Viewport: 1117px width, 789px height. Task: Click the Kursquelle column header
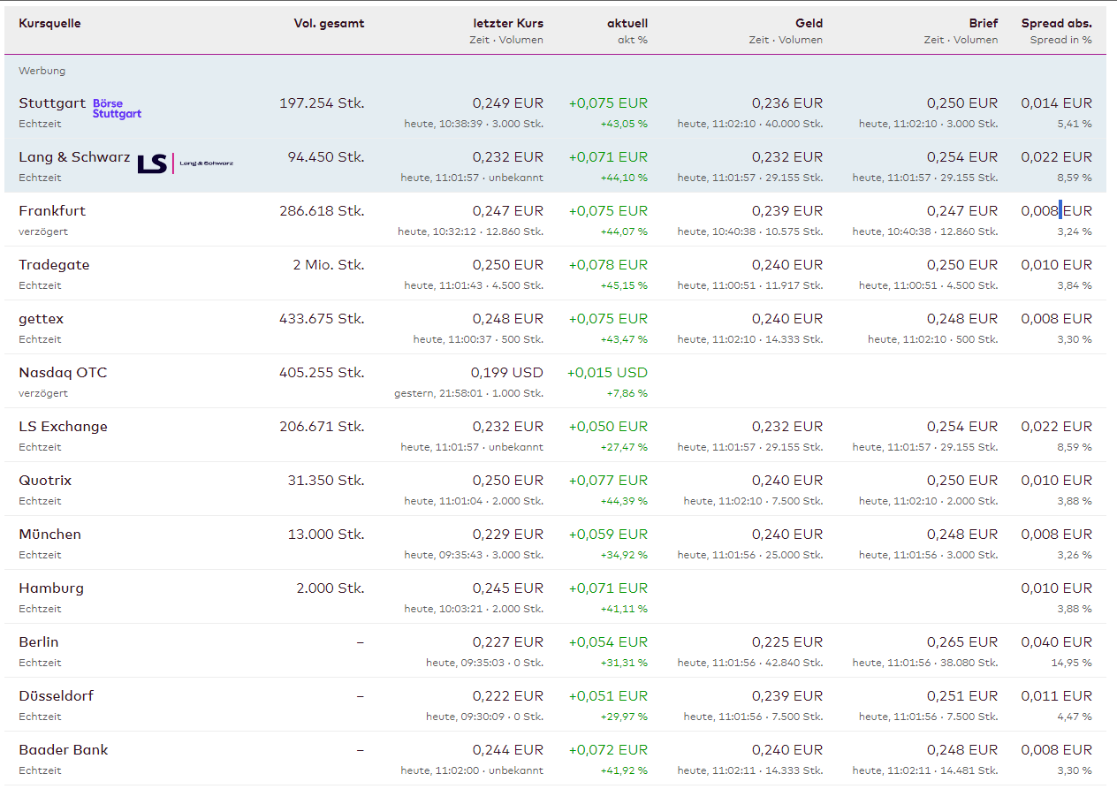[49, 24]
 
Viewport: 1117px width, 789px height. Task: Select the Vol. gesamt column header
[329, 24]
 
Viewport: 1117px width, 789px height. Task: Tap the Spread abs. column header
[1056, 24]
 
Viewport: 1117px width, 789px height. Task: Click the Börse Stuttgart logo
[117, 109]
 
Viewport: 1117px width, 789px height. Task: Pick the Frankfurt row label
[52, 211]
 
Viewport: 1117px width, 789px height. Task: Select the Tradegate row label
[54, 265]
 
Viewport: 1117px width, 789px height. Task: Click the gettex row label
[42, 319]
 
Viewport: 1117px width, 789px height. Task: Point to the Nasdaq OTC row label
[63, 373]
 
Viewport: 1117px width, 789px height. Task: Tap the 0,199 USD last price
[507, 373]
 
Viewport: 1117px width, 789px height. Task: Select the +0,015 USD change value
[607, 373]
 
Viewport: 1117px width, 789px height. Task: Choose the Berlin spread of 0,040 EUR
[1056, 642]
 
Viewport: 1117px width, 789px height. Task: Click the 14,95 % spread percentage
[1074, 663]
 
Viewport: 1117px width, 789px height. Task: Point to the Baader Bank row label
[64, 750]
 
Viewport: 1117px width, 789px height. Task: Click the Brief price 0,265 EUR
[962, 642]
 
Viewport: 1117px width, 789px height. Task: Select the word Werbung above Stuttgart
[42, 71]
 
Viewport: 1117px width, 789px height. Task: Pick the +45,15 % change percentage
[624, 285]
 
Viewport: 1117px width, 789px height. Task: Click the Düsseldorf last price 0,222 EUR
[508, 696]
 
